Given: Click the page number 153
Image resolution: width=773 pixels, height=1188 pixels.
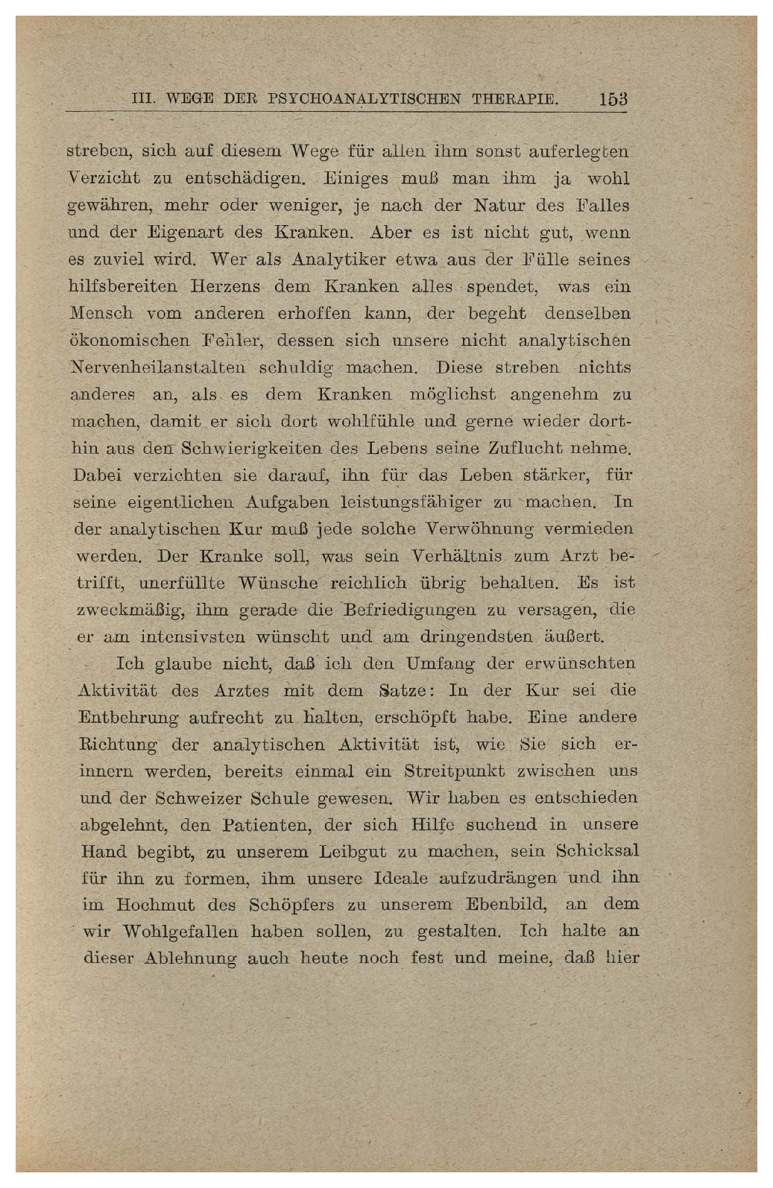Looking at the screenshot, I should pos(613,99).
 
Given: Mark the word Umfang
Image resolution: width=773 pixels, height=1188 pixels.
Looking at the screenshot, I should pos(441,664).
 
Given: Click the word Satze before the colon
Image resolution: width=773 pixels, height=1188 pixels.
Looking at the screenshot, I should pos(403,691).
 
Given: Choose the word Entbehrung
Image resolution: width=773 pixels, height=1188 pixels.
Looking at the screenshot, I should pos(129,718).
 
